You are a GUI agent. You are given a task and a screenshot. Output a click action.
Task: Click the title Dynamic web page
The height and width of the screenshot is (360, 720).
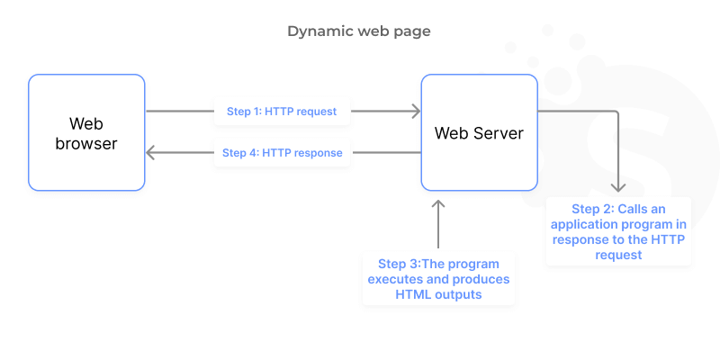coord(359,31)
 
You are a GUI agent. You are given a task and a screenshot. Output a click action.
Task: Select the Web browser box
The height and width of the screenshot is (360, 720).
coord(86,132)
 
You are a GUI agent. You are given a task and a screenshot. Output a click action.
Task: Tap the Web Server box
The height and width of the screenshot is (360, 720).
coord(479,132)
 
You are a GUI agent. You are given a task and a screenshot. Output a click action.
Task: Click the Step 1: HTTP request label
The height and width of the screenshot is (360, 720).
coord(282,112)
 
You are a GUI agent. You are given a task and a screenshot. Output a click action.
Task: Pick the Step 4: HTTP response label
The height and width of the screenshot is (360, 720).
coord(282,153)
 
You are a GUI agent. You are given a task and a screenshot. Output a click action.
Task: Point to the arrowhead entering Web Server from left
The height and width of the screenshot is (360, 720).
coord(416,112)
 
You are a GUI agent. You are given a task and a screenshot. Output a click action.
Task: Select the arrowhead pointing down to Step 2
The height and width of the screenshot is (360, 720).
coord(617,186)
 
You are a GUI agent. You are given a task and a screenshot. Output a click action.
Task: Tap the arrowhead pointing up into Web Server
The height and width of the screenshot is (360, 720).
coord(438,203)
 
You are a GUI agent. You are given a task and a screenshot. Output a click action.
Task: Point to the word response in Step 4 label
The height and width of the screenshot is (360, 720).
coord(316,153)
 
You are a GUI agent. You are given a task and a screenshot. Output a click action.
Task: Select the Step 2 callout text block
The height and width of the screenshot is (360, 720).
coord(618,231)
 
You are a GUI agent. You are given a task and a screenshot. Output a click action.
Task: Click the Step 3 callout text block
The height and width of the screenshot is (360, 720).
coord(438,279)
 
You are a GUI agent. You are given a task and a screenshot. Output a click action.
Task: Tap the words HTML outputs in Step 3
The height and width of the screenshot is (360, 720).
coord(438,294)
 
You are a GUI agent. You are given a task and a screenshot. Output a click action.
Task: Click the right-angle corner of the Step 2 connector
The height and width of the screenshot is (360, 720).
coord(617,112)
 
